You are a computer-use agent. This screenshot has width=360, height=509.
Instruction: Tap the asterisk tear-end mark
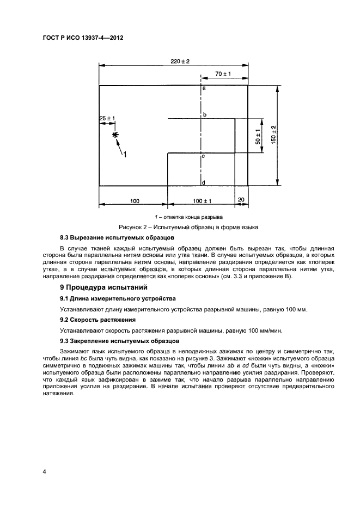[115, 135]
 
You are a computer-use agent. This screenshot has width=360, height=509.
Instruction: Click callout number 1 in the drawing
[125, 155]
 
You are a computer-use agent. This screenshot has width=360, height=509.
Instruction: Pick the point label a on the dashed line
[204, 88]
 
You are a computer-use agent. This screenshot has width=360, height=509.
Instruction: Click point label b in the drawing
[204, 115]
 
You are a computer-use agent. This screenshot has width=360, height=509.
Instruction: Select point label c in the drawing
[203, 156]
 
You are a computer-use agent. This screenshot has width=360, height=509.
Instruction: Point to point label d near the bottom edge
[203, 182]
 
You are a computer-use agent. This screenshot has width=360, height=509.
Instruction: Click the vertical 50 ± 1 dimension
[259, 136]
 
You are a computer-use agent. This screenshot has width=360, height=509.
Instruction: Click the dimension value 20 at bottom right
[241, 200]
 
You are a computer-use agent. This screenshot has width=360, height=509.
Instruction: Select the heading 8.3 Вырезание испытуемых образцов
[117, 238]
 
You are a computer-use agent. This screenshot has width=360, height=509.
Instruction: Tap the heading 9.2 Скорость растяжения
[97, 320]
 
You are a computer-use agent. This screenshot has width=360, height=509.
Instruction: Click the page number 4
[45, 471]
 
